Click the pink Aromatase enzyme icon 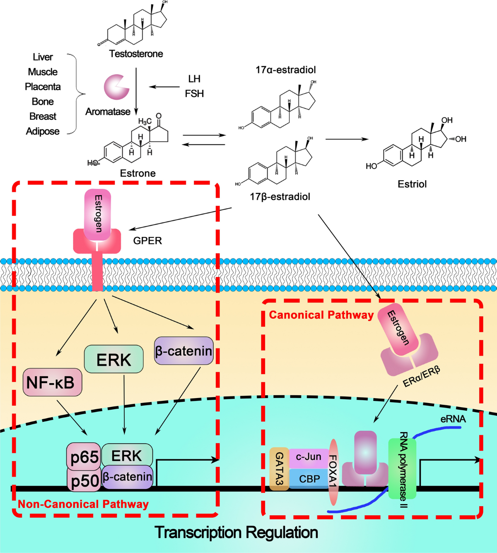pos(116,87)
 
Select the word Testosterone pos(136,54)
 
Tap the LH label pos(194,79)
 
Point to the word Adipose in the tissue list pos(43,131)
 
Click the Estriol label pos(412,184)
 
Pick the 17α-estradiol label pos(285,70)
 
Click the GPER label pos(147,241)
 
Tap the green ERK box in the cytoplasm pos(114,359)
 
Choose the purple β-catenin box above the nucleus pos(183,351)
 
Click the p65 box pos(84,457)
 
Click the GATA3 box pos(279,468)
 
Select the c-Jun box pos(309,457)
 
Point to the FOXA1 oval pos(333,472)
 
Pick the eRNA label pos(453,419)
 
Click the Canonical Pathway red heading pos(321,315)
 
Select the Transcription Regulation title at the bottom pos(236,532)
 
